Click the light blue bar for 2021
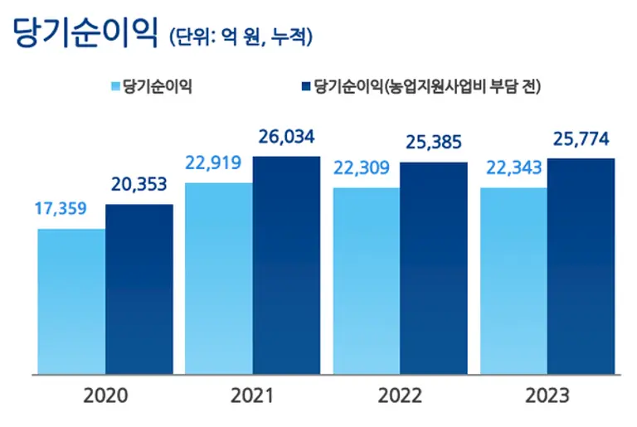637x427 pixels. pyautogui.click(x=219, y=278)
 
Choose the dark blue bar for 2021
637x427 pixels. pyautogui.click(x=286, y=264)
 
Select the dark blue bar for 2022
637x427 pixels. pyautogui.click(x=434, y=267)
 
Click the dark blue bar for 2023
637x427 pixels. pyautogui.click(x=581, y=266)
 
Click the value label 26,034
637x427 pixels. pyautogui.click(x=286, y=137)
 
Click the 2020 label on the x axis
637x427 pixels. pyautogui.click(x=105, y=395)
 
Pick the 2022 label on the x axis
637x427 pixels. pyautogui.click(x=400, y=395)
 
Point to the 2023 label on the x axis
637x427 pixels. pyautogui.click(x=547, y=395)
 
